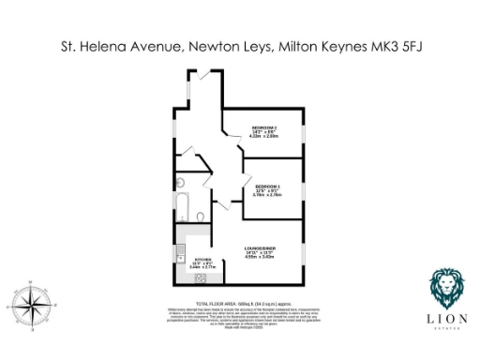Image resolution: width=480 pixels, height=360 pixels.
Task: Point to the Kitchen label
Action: pyautogui.click(x=203, y=260)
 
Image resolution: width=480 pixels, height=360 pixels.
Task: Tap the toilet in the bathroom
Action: pyautogui.click(x=202, y=217)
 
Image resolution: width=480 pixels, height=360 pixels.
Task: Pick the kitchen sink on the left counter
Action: pyautogui.click(x=179, y=256)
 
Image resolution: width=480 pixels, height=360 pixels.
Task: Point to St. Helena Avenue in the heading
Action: pyautogui.click(x=112, y=44)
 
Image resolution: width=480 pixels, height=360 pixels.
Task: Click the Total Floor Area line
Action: pyautogui.click(x=239, y=305)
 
